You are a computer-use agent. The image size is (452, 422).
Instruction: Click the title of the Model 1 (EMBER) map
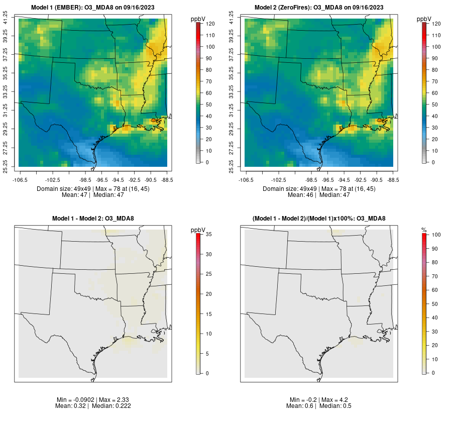[93, 8]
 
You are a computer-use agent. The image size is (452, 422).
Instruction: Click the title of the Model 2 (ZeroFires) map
[319, 8]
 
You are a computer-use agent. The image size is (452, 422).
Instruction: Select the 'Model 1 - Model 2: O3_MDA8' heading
[93, 219]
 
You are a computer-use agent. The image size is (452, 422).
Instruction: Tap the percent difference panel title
[319, 219]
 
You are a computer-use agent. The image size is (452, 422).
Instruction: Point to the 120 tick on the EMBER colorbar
[210, 24]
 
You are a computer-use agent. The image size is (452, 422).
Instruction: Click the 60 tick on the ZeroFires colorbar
[435, 93]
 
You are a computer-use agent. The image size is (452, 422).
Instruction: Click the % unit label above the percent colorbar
[424, 230]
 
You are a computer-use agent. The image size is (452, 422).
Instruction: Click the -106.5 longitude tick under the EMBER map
[19, 179]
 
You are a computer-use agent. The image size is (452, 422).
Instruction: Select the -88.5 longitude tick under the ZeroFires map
[393, 179]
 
